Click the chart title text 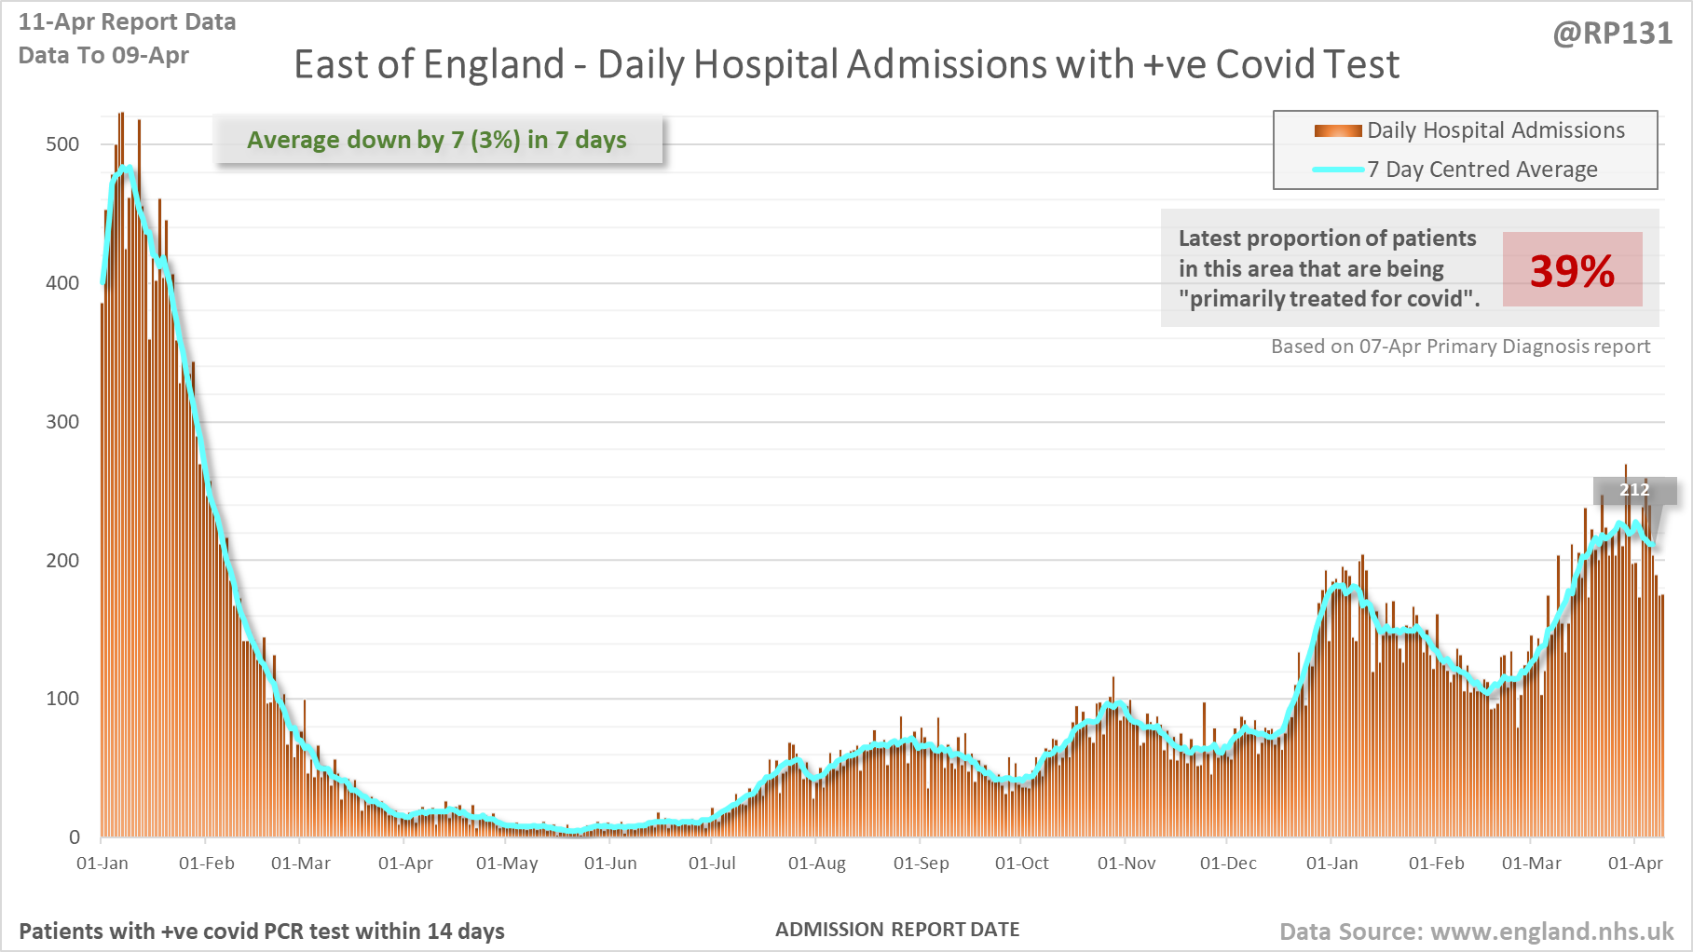point(846,64)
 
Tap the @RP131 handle point(1612,34)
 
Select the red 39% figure point(1572,271)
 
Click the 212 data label point(1634,490)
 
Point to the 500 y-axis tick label point(62,143)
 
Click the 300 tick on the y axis point(62,421)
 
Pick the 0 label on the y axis point(75,836)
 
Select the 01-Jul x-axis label point(712,864)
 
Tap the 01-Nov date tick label point(1126,864)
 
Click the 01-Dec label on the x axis point(1228,864)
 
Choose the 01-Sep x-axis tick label point(921,864)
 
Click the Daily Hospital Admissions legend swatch point(1338,130)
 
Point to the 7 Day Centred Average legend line point(1338,170)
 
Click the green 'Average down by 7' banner point(437,140)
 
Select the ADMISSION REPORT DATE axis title point(897,930)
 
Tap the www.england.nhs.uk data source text point(1476,932)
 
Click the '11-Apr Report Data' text point(127,21)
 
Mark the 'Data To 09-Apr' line point(103,55)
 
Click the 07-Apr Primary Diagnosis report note point(1460,347)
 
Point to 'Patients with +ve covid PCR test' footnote point(262,932)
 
